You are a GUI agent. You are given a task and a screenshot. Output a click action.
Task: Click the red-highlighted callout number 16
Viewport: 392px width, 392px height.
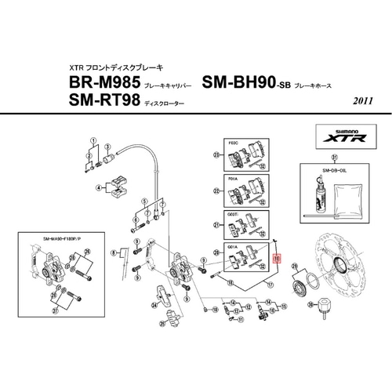(x=276, y=256)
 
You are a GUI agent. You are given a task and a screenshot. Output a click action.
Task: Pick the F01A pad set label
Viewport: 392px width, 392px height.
(x=232, y=179)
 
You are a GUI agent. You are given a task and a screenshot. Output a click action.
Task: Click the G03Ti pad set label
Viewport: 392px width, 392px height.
(x=233, y=213)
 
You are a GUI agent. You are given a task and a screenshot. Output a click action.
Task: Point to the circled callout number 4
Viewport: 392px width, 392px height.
(x=99, y=187)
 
